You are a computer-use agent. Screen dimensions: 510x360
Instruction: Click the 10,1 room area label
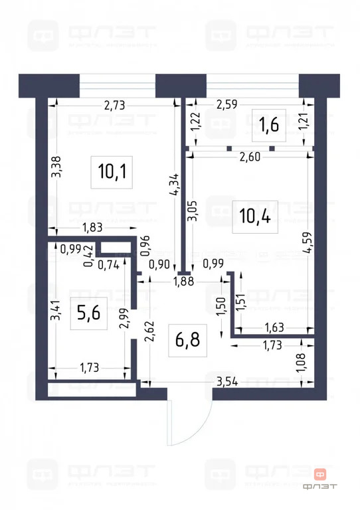click(x=112, y=172)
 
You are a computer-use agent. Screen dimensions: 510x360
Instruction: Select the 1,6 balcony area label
click(x=268, y=124)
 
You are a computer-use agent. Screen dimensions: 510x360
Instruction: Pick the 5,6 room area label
click(x=88, y=312)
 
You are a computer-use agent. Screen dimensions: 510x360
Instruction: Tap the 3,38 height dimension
click(x=57, y=166)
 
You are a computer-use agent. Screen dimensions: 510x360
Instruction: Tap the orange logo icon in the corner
click(x=320, y=474)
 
